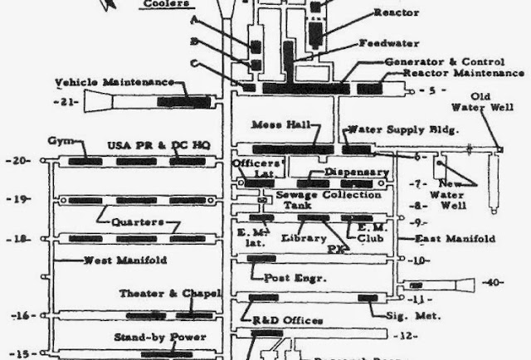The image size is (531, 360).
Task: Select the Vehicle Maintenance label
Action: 114,83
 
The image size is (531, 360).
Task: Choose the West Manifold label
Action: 125,260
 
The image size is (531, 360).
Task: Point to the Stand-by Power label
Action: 160,337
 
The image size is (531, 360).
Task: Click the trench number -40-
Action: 494,283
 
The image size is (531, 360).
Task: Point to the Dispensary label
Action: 356,173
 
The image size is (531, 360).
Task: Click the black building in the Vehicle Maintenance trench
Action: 190,101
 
